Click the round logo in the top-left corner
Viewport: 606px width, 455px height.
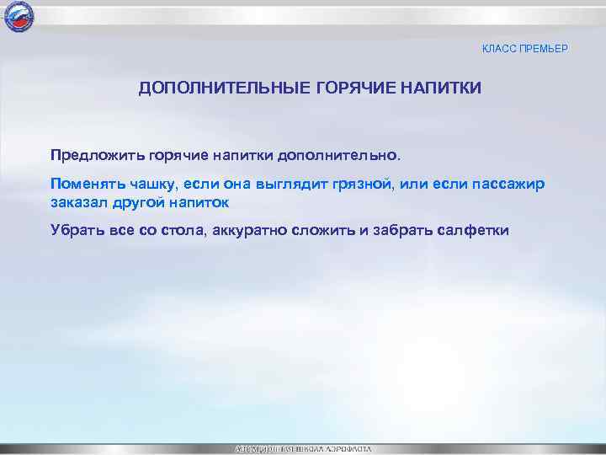[16, 16]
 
